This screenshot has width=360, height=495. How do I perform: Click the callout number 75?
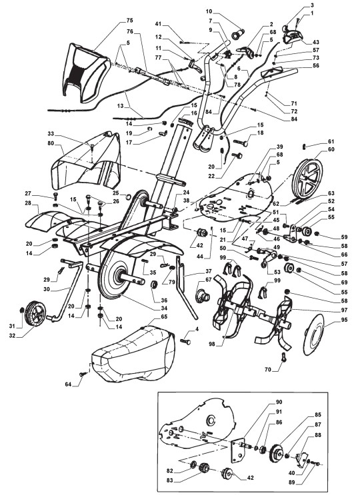129,21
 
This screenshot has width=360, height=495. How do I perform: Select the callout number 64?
68,384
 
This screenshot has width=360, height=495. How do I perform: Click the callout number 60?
331,149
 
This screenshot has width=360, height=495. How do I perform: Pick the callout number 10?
209,12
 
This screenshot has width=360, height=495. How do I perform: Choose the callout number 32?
12,336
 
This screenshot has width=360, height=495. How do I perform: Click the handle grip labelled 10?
239,33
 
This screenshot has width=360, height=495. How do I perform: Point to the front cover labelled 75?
87,72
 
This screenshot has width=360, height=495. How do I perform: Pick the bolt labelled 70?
283,358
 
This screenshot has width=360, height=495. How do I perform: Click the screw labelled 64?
84,374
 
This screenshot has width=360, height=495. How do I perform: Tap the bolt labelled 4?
186,342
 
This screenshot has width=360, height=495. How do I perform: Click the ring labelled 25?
129,197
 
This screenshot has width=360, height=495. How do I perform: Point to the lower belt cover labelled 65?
133,354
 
